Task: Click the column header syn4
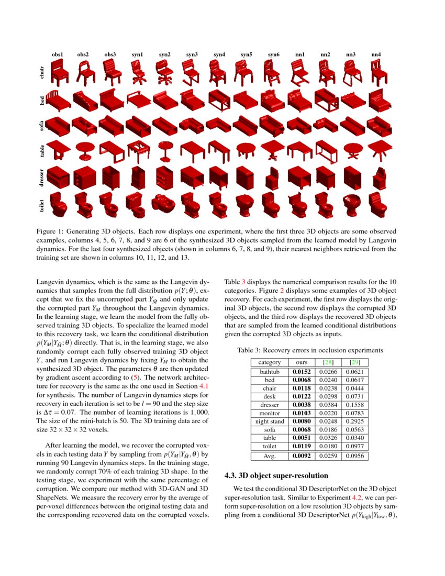(x=219, y=54)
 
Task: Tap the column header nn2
(x=326, y=54)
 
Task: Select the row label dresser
(x=42, y=177)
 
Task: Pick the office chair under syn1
(x=138, y=74)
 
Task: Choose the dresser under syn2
(x=164, y=178)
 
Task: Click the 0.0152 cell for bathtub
(x=301, y=371)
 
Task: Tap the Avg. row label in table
(x=270, y=456)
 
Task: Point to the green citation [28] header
(x=329, y=362)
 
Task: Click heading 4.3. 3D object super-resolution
(x=276, y=475)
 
